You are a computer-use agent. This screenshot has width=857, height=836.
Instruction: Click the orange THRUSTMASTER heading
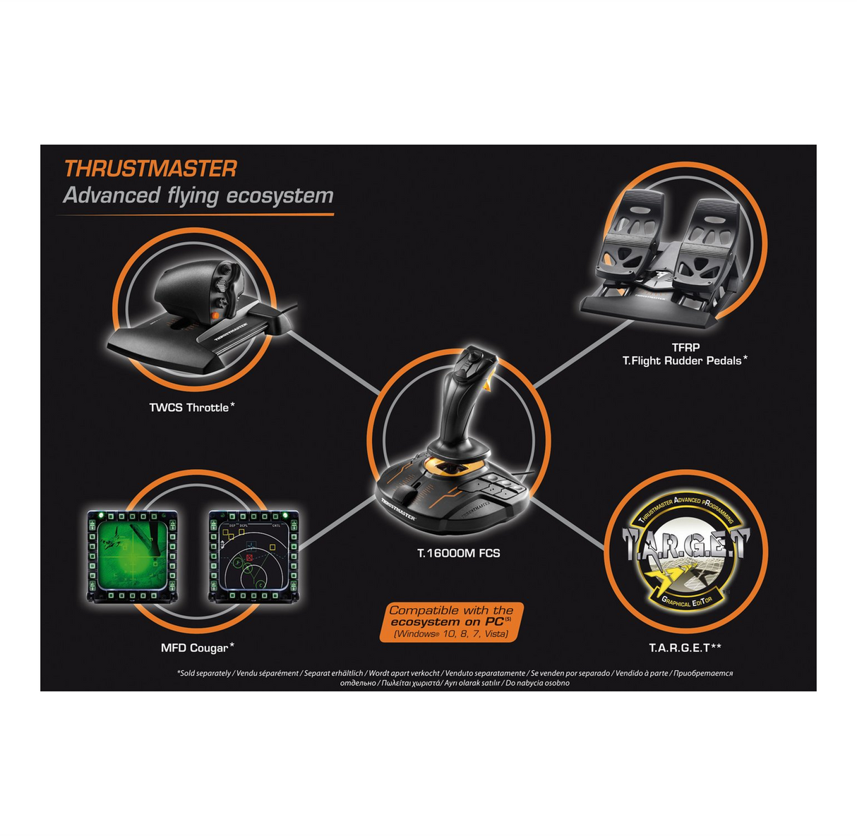coord(150,169)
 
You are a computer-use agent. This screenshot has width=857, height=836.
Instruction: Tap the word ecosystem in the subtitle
coord(280,196)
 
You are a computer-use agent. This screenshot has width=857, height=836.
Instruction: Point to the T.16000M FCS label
coord(458,553)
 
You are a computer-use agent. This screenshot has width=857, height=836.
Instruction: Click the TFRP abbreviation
coord(685,347)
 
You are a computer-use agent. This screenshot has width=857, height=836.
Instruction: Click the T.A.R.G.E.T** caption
coord(685,648)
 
